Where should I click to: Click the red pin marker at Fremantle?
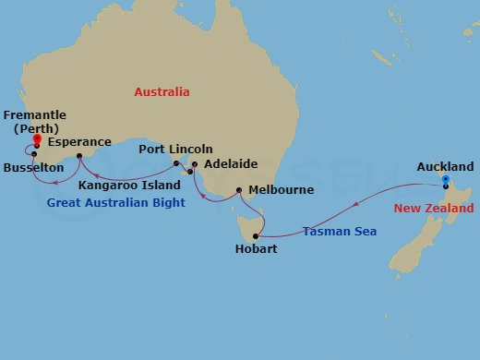36,140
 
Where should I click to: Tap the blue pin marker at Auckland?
445,181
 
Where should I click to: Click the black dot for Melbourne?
239,190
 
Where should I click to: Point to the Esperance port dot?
79,156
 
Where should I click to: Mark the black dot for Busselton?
33,154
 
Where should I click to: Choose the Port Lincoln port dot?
176,163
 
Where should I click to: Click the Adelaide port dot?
194,164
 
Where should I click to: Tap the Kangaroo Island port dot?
189,172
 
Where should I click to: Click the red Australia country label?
162,92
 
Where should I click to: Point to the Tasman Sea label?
336,232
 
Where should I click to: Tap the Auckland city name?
445,167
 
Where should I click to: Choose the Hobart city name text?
255,249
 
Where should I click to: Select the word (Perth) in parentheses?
35,128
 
